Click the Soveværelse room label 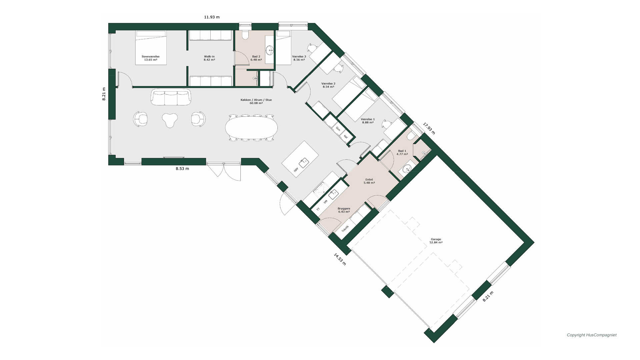coord(151,58)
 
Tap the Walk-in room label coord(209,58)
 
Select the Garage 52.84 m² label coord(436,241)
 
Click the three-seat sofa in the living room coord(171,97)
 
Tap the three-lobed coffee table coord(170,120)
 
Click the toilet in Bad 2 coord(245,35)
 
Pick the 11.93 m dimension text coord(212,17)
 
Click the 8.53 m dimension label coord(182,169)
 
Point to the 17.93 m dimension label coord(429,128)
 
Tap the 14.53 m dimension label coord(340,259)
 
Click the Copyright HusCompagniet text coord(592,335)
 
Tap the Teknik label coord(345,229)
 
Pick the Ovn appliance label coord(338,129)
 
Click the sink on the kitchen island coord(304,164)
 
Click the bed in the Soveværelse coord(151,48)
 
